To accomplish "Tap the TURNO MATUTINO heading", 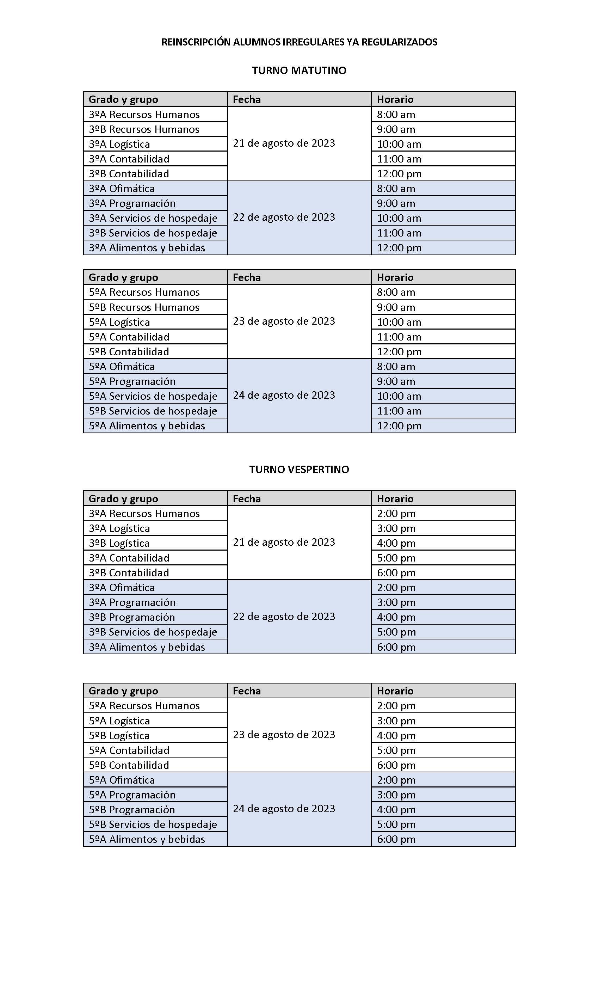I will pos(299,70).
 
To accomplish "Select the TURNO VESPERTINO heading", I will pos(299,469).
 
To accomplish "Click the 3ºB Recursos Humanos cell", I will pos(144,129).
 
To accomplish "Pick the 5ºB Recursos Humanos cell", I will pos(144,307).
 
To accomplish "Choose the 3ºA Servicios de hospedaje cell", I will pos(153,218).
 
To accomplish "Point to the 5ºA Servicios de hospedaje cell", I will pos(153,396).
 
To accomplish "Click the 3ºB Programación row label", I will pos(132,617).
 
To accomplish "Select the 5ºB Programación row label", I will pos(132,810).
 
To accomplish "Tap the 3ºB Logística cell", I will pos(119,543).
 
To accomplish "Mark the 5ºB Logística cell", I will pos(119,735).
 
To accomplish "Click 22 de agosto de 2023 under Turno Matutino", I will pos(284,217).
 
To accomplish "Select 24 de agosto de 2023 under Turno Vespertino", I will pos(284,809).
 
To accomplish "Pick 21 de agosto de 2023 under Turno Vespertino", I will pos(284,542).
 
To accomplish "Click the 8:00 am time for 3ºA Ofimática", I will pos(396,189).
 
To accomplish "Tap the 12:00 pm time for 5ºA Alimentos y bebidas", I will pos(399,426).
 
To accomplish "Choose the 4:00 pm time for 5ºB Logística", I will pos(396,735).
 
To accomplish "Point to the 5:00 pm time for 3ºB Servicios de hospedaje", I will pos(396,632).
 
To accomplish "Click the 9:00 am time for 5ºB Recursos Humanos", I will pos(396,307).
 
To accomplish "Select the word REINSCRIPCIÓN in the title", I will pos(196,42).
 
